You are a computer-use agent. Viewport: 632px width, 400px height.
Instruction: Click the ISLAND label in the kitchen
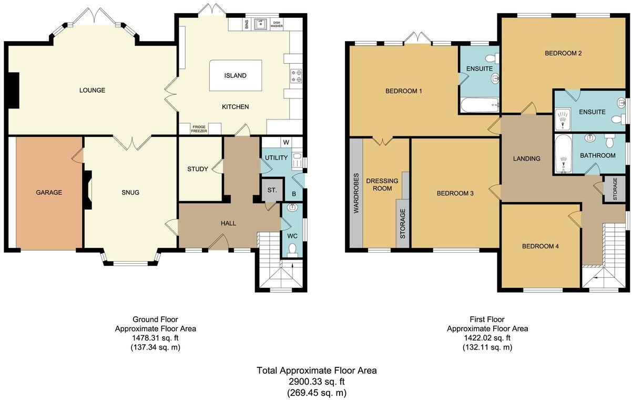(x=235, y=76)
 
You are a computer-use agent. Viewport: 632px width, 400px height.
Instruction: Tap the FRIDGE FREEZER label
(x=199, y=129)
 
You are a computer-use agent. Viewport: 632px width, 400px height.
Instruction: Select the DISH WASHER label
(x=277, y=24)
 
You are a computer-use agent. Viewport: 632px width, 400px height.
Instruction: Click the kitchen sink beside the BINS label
(x=260, y=24)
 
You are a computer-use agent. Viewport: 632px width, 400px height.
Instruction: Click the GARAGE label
(x=48, y=193)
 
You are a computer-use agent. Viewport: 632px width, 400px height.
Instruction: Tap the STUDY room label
(x=198, y=169)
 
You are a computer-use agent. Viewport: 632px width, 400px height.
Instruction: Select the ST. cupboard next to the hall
(x=272, y=190)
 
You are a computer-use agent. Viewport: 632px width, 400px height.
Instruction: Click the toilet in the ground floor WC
(x=293, y=248)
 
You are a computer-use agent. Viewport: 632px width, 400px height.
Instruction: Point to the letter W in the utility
(x=286, y=142)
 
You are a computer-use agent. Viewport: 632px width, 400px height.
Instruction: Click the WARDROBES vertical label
(x=356, y=193)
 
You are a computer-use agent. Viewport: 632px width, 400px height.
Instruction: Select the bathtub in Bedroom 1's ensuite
(x=479, y=105)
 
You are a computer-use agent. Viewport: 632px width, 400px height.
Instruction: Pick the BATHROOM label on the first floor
(x=597, y=155)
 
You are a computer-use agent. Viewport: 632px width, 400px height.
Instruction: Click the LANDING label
(x=527, y=158)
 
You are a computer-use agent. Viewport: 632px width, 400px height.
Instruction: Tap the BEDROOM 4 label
(x=540, y=246)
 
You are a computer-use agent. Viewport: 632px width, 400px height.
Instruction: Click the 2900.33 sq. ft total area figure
(x=317, y=382)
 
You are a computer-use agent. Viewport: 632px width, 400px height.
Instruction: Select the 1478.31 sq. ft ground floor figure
(x=155, y=338)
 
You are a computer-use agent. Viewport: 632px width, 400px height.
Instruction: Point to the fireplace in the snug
(x=87, y=193)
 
